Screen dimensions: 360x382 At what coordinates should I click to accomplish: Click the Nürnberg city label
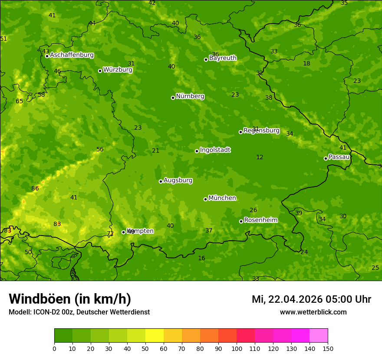190,96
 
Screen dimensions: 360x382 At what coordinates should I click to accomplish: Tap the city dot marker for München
205,199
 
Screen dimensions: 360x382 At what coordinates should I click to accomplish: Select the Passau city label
339,157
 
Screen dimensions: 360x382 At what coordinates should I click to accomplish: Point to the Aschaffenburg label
72,55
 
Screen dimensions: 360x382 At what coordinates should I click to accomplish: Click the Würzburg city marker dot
100,71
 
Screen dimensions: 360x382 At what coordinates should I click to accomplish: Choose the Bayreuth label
223,58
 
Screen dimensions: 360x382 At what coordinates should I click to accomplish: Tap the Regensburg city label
261,131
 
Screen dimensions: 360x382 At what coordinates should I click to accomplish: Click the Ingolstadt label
215,150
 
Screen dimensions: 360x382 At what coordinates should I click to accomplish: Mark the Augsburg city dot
161,181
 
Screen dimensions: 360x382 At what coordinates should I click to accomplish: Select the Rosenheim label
260,220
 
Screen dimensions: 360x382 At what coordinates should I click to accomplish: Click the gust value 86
35,189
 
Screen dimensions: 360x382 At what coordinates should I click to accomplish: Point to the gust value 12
260,157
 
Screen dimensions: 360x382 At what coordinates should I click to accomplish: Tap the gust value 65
20,101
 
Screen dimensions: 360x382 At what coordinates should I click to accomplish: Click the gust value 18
306,64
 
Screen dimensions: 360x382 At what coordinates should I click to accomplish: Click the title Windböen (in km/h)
70,299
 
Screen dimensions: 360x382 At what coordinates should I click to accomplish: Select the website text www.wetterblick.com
313,312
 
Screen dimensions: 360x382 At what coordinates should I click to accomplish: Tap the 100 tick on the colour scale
237,349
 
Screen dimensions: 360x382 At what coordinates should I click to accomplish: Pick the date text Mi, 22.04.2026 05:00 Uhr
311,299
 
